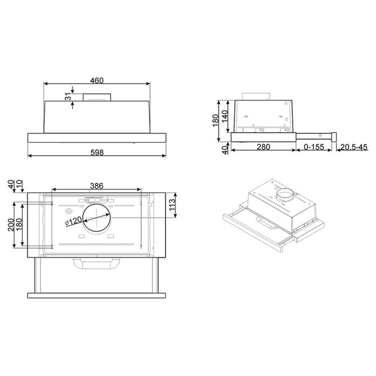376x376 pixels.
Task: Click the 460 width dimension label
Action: point(96,80)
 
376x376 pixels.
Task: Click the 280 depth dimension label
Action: point(263,148)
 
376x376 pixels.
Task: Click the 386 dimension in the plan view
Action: point(95,185)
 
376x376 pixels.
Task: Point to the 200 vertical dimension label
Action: point(12,226)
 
